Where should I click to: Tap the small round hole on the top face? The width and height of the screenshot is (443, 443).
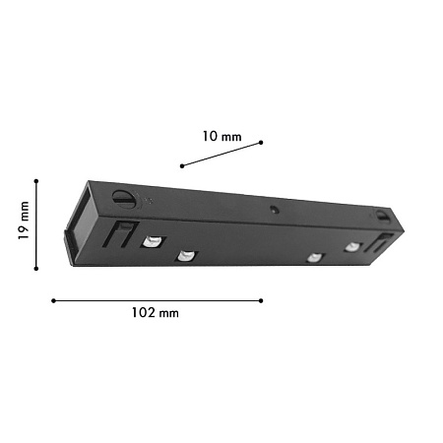click(273, 209)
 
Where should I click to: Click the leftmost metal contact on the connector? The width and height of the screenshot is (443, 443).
click(153, 241)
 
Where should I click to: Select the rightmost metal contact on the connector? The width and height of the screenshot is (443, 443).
click(352, 247)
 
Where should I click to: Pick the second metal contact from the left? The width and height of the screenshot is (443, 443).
click(185, 258)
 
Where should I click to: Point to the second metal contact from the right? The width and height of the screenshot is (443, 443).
click(314, 258)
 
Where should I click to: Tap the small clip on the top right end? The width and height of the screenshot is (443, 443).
click(382, 214)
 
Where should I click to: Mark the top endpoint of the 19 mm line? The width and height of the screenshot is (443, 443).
click(36, 180)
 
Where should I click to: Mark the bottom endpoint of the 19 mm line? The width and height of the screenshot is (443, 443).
click(36, 268)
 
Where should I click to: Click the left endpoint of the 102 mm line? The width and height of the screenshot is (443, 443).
click(53, 300)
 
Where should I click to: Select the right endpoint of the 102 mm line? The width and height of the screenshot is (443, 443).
click(261, 300)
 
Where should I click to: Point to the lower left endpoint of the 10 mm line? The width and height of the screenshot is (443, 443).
click(182, 165)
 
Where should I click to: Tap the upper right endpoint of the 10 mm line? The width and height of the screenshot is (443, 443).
click(261, 143)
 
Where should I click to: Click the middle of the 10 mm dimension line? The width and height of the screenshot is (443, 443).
click(221, 154)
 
